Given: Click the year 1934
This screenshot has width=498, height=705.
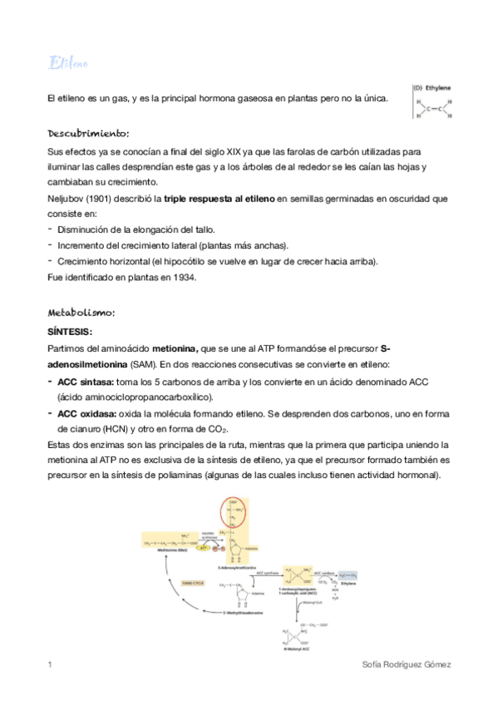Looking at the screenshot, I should coord(181,278).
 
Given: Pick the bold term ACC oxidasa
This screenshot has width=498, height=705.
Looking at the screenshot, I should coord(86,412).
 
